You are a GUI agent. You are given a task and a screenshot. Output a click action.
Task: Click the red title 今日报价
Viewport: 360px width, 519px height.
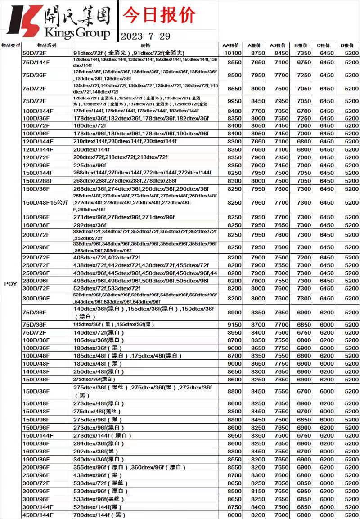159,15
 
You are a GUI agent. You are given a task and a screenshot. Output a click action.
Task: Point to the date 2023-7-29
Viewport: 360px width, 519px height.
145,36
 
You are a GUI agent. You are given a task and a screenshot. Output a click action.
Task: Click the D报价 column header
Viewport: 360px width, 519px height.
347,45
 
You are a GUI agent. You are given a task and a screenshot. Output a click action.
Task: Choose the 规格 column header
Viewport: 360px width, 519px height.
145,45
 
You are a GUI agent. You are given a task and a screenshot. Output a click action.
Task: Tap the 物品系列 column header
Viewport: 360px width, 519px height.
47,45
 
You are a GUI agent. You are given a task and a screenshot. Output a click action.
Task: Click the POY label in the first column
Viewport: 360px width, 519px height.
10,284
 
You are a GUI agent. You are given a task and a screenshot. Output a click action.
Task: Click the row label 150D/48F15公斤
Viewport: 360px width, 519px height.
45,203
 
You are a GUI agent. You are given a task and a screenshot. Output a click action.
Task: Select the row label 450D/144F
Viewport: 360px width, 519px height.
38,515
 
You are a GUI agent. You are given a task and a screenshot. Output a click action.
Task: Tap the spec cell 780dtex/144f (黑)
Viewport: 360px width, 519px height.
99,515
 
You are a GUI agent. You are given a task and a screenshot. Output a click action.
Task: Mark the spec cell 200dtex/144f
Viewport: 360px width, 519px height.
91,149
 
